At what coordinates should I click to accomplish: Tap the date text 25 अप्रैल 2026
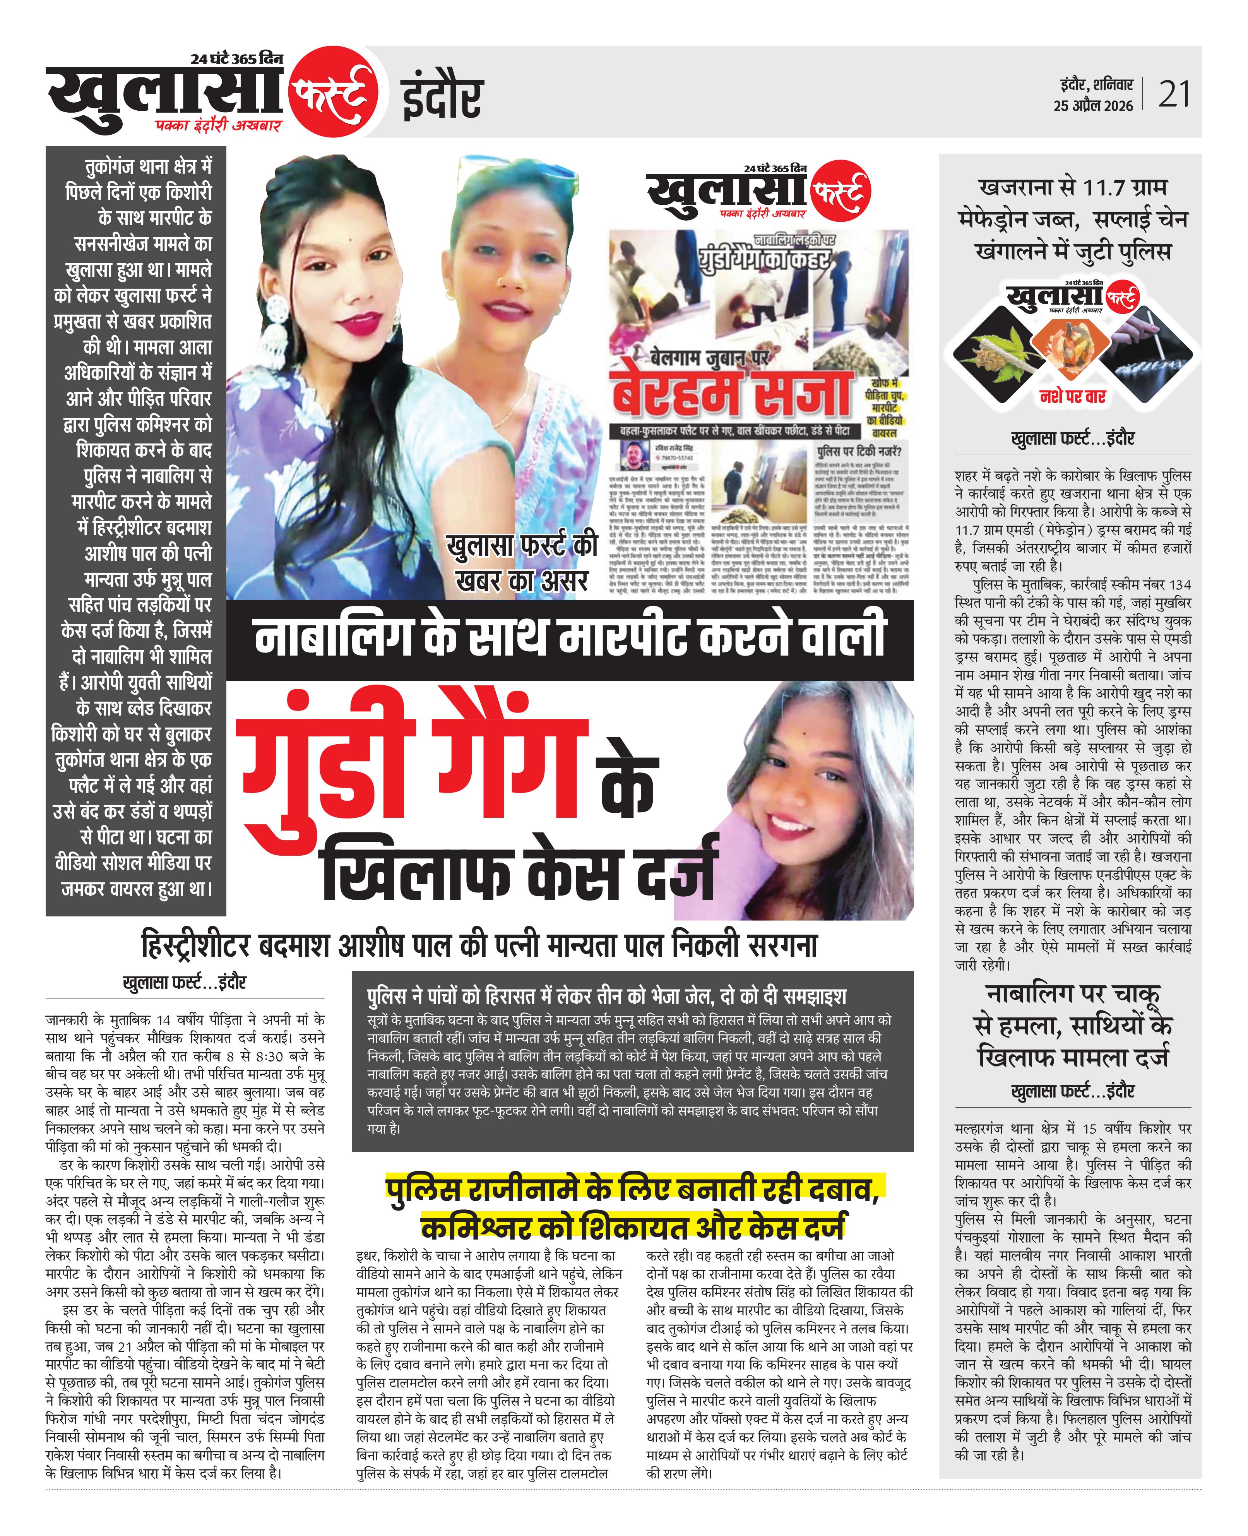pyautogui.click(x=1093, y=106)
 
